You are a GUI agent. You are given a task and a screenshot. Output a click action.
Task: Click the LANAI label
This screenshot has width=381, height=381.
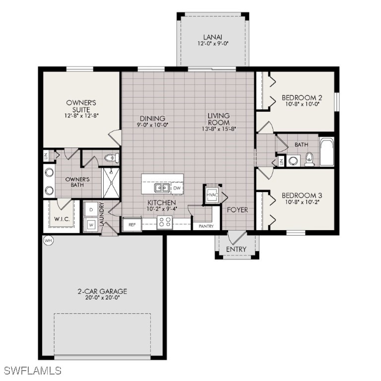click(213, 37)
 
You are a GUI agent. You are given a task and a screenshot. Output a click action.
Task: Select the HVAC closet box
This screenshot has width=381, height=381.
click(212, 195)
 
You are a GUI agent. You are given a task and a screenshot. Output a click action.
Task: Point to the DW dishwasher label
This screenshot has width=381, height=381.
click(177, 188)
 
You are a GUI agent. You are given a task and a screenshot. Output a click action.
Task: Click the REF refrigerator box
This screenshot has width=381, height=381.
click(132, 225)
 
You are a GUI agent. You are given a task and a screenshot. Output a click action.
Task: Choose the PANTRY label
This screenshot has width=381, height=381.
click(206, 226)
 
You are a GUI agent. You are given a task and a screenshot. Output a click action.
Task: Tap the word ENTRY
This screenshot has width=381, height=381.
click(236, 249)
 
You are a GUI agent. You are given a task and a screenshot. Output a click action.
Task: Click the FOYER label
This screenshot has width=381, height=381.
click(237, 210)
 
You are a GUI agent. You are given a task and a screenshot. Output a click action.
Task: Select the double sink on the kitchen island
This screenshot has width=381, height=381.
click(161, 188)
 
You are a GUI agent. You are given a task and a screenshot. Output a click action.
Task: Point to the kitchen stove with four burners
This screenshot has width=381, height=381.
click(164, 223)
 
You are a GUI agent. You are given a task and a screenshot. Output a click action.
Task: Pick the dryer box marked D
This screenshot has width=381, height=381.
click(91, 210)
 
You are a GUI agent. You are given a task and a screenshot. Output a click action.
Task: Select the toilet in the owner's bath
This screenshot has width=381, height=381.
click(111, 158)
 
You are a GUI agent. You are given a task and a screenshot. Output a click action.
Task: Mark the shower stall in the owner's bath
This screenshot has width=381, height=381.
click(110, 183)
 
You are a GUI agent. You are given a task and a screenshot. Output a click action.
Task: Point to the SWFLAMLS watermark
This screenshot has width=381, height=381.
click(32, 371)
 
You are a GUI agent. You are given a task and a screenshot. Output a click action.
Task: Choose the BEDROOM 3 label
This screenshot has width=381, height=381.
click(302, 195)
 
